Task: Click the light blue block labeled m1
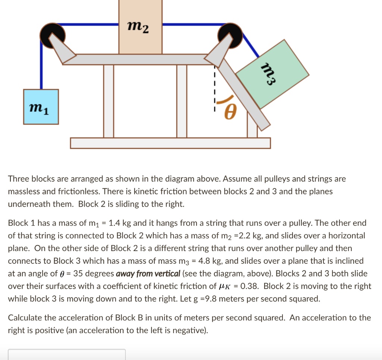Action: pos(41,107)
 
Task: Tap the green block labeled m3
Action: pos(273,74)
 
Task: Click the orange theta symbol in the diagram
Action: pos(231,112)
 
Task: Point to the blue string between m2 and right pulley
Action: pos(190,25)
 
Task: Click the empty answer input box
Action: pos(67,354)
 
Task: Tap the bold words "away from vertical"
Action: pos(148,274)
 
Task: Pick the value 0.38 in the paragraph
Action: pos(250,287)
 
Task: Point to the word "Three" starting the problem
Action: pos(18,179)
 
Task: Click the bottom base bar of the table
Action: pos(170,143)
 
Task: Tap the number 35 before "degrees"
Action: pos(78,274)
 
